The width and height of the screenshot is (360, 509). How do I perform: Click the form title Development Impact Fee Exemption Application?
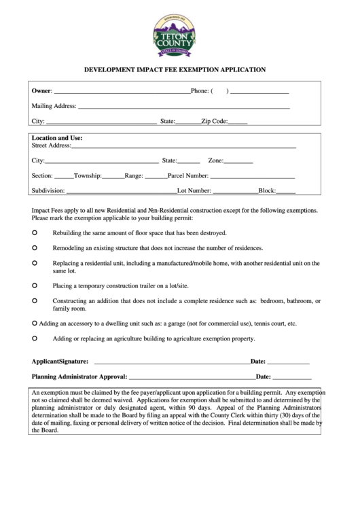175,69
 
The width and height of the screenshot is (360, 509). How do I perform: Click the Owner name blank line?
122,91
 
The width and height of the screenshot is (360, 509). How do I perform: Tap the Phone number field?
260,91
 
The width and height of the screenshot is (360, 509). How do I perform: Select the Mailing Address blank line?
183,107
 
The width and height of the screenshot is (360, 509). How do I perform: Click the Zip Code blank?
238,122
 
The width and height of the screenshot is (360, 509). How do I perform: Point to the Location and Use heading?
57,137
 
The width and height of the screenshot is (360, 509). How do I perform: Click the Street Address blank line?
183,145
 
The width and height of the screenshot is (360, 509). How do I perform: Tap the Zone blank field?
238,162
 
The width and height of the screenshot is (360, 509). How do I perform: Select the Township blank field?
113,176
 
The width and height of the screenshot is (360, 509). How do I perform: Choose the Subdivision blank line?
121,192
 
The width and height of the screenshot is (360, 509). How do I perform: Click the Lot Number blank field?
235,192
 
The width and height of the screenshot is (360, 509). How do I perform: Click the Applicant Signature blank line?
172,362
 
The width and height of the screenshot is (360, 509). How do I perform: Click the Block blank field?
286,192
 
